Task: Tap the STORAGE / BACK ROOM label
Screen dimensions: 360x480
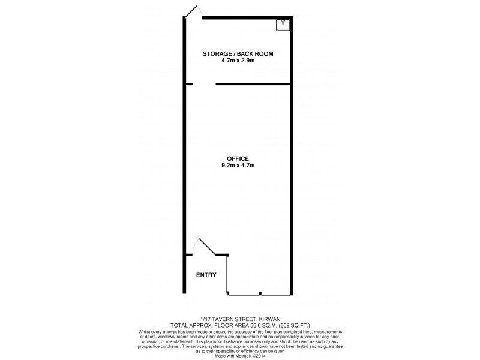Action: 238,54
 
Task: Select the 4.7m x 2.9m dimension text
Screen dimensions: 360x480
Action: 238,61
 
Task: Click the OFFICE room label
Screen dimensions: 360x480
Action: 238,158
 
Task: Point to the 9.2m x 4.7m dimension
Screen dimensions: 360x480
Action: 238,165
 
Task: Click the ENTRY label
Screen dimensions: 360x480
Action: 206,275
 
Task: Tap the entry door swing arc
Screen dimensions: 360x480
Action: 200,247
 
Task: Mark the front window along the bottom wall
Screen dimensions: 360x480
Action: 260,293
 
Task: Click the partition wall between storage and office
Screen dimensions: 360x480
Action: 253,84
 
